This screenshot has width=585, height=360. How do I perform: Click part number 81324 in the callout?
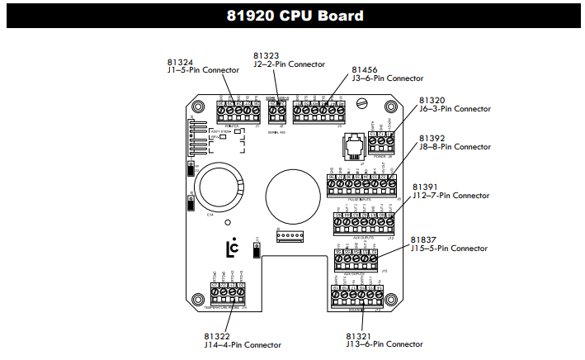click(x=180, y=62)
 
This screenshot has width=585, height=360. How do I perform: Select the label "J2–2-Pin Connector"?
click(x=289, y=64)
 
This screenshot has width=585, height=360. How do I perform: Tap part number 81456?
click(x=365, y=70)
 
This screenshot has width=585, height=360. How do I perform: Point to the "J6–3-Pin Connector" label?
click(x=455, y=109)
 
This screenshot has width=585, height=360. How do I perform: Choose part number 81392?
click(x=432, y=138)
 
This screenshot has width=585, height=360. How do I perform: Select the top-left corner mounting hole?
click(x=198, y=108)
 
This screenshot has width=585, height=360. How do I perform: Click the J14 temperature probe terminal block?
click(x=228, y=291)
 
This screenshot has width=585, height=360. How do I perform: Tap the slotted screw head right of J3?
click(x=364, y=104)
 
